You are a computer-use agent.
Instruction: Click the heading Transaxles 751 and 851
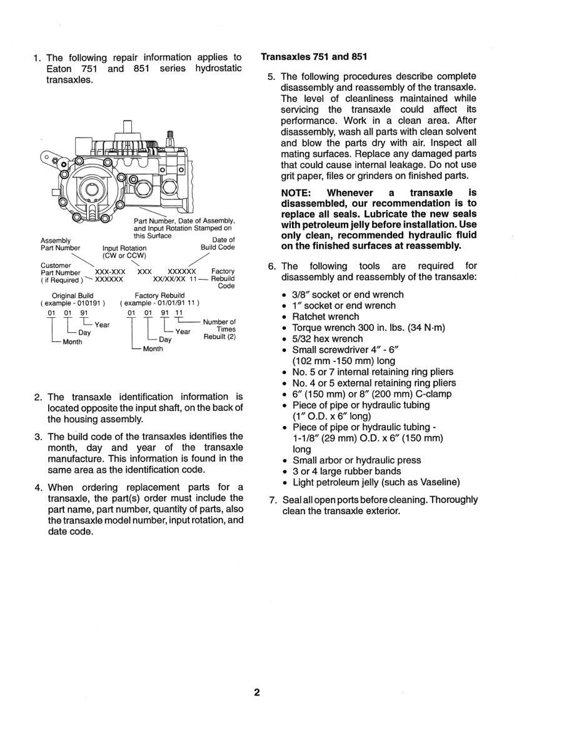pyautogui.click(x=313, y=57)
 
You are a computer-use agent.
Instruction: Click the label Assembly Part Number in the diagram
pyautogui.click(x=60, y=244)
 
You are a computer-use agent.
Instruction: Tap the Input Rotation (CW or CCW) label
pyautogui.click(x=124, y=251)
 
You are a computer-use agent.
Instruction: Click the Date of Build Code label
pyautogui.click(x=218, y=243)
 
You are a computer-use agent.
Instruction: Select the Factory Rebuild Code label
pyautogui.click(x=223, y=278)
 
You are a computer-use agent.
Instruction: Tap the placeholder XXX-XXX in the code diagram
pyautogui.click(x=111, y=271)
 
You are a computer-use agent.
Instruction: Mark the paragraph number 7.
pyautogui.click(x=271, y=500)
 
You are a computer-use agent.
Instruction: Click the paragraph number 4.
pyautogui.click(x=38, y=487)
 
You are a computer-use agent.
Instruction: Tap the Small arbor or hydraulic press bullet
pyautogui.click(x=356, y=460)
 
